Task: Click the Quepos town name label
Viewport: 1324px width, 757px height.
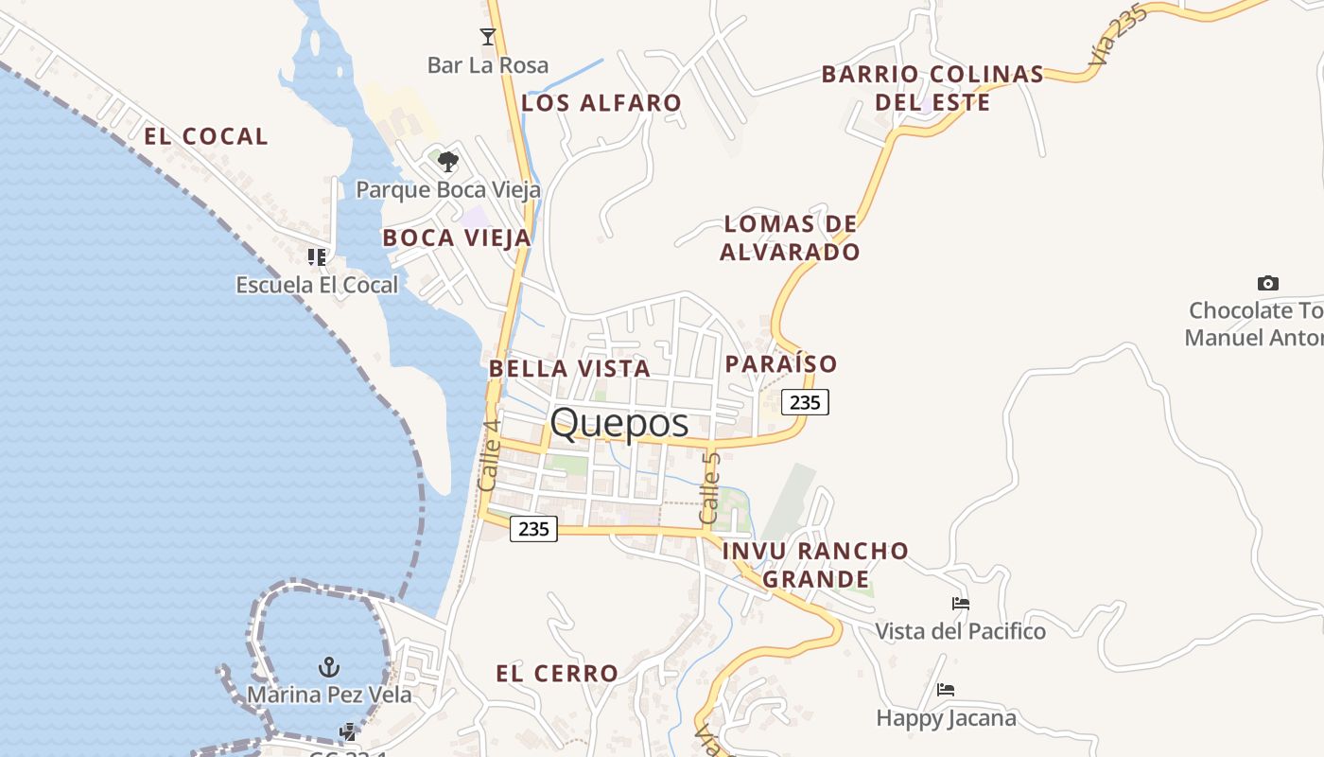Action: coord(619,422)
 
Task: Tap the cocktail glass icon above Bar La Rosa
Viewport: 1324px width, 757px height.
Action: coord(487,37)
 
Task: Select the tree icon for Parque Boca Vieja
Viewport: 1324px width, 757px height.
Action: coord(447,162)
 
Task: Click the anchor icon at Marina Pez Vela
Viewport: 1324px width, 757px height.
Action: coord(328,667)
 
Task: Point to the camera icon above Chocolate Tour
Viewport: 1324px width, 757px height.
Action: coord(1267,283)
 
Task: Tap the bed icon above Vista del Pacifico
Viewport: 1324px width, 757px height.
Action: coord(960,604)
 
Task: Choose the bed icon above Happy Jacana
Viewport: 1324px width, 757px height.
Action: coord(945,690)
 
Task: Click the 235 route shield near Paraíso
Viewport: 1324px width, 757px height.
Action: coord(805,402)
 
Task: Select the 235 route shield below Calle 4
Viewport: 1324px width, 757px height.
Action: coord(533,529)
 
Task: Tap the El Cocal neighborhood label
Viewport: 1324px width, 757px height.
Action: coord(206,136)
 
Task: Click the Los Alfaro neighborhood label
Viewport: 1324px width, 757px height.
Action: coord(601,103)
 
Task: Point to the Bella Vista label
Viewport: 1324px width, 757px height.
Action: coord(569,368)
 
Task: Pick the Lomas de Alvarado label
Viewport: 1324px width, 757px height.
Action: coord(791,238)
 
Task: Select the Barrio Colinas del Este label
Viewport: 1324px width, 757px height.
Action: coord(932,88)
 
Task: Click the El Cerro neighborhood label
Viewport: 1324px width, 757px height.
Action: coord(557,674)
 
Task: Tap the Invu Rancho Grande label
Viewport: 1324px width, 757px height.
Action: coord(815,564)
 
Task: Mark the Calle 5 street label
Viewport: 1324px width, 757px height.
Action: coord(709,488)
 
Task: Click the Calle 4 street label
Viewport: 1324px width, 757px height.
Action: coord(489,455)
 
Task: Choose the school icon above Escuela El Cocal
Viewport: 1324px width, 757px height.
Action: coord(317,256)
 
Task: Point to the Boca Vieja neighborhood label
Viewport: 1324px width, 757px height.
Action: coord(457,238)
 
